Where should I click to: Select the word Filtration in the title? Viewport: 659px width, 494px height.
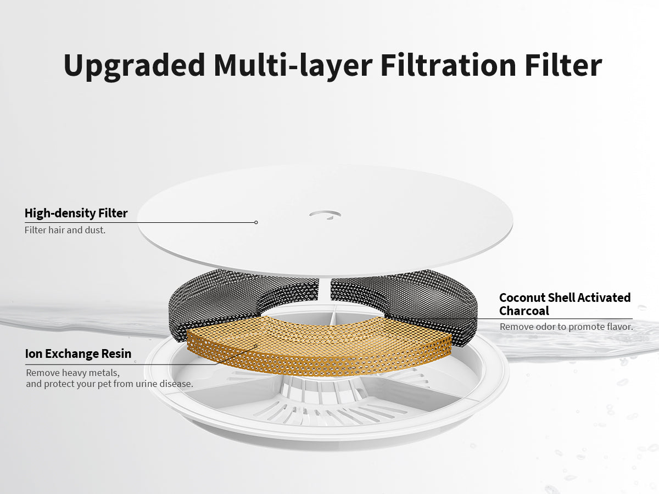[x=448, y=65]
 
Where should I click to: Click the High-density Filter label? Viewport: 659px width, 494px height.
[x=76, y=213]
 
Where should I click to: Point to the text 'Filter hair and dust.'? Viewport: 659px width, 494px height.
[x=65, y=230]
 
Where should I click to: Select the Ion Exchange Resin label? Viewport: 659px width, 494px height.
[x=78, y=353]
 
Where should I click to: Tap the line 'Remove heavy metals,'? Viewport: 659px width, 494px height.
[x=72, y=373]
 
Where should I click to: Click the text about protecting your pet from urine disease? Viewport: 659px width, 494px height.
[x=109, y=384]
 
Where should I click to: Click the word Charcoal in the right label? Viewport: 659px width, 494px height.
[x=524, y=311]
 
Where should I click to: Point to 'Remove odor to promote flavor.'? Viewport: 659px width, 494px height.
[x=566, y=327]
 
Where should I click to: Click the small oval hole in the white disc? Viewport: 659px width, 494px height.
[x=325, y=215]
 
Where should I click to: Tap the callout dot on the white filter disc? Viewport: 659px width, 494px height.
[x=256, y=222]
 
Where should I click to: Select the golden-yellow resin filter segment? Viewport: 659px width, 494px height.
[x=319, y=345]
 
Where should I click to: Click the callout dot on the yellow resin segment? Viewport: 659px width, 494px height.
[x=256, y=346]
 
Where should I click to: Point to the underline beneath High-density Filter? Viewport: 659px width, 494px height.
[x=139, y=222]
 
